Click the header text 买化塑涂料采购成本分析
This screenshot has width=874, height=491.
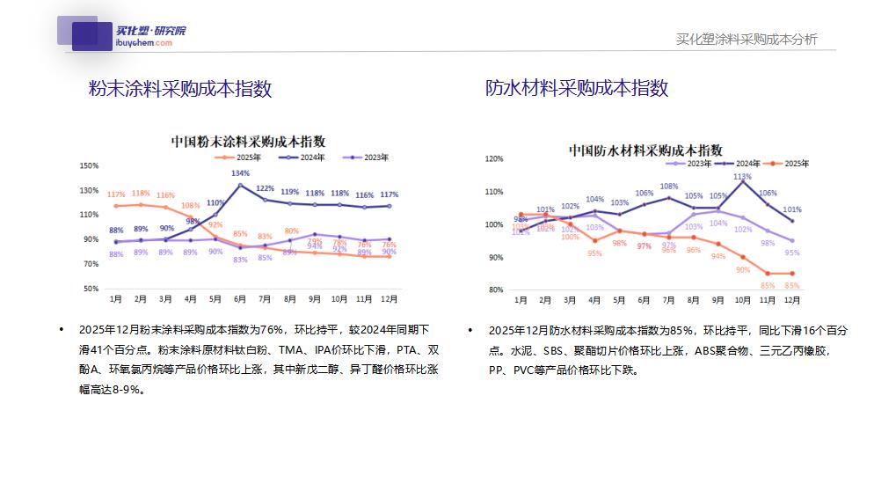click(x=747, y=39)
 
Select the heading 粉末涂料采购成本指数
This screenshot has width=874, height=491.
click(x=180, y=88)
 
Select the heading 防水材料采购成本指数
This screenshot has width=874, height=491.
click(x=577, y=88)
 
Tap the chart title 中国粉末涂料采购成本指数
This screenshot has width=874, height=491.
click(x=248, y=141)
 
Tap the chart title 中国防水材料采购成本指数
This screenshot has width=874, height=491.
click(x=645, y=150)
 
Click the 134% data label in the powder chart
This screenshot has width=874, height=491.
click(x=240, y=174)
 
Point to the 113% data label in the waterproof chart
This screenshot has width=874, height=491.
click(x=742, y=177)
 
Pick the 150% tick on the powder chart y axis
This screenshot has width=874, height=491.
click(x=89, y=165)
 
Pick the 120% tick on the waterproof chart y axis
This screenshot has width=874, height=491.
click(x=494, y=159)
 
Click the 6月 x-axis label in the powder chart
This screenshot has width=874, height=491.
click(x=241, y=299)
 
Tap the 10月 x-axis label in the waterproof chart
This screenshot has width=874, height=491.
click(x=742, y=300)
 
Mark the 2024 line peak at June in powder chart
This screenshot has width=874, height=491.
click(x=241, y=185)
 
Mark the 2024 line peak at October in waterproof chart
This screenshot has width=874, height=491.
click(x=743, y=181)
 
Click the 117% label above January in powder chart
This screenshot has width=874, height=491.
click(x=115, y=194)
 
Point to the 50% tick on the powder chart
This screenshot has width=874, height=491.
click(x=91, y=289)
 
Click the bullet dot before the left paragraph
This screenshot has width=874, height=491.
click(x=62, y=330)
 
